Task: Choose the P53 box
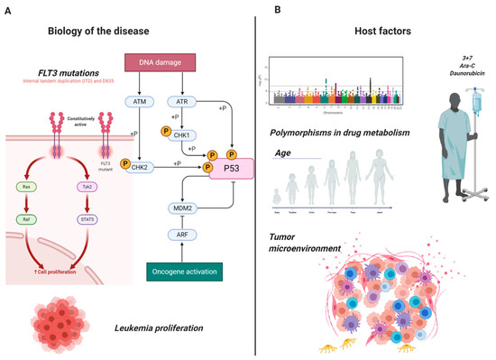(231, 166)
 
